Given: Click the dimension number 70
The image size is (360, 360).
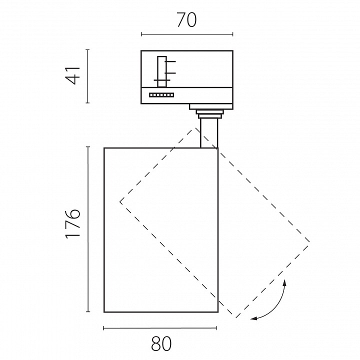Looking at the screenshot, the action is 187,20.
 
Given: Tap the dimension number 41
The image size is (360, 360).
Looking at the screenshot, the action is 73,75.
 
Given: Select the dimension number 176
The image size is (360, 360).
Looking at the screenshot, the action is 73,223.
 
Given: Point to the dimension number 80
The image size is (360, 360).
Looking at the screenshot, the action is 161,343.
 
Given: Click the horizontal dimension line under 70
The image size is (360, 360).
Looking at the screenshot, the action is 187,34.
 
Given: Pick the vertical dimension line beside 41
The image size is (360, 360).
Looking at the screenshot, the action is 87,76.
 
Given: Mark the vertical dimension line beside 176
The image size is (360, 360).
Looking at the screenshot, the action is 87,229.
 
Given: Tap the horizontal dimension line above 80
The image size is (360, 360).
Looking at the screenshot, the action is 160,328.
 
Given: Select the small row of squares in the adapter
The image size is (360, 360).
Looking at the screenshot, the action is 161,95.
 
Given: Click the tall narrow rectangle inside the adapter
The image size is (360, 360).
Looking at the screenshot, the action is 162,71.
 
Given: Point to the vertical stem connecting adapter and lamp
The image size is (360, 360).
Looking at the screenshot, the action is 209,133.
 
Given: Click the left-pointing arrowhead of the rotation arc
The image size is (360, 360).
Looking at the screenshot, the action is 253,318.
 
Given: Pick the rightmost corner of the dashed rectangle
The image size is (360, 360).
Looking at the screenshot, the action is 309,242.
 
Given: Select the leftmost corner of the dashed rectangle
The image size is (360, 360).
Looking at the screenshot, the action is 120,202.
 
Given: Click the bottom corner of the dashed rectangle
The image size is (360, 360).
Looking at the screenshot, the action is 236,318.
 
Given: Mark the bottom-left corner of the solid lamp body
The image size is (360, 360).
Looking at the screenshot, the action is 104,312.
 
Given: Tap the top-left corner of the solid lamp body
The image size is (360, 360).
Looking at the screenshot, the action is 104,148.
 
